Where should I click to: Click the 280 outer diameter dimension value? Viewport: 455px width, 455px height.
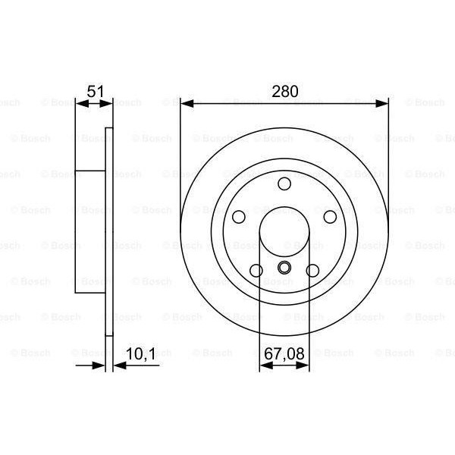click(284, 92)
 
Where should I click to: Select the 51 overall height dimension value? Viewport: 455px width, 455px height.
click(95, 92)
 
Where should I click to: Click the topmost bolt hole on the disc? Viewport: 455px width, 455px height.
click(284, 184)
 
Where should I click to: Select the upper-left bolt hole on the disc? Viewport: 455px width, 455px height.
click(240, 217)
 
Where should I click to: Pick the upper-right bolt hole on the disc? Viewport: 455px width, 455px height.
click(330, 217)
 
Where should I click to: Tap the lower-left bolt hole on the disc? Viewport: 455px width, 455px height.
click(256, 270)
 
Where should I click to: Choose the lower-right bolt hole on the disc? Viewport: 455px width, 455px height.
click(312, 270)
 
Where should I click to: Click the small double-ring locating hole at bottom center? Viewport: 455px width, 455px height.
click(284, 267)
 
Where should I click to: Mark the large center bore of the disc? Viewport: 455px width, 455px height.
click(284, 231)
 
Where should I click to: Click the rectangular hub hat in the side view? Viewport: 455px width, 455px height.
click(89, 231)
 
